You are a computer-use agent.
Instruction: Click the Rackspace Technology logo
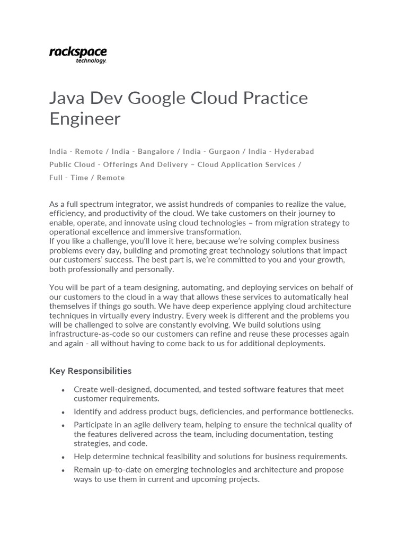click(78, 55)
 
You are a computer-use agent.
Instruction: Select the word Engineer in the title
click(85, 119)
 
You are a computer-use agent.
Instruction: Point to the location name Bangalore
click(155, 151)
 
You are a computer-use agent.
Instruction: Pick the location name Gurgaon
click(225, 151)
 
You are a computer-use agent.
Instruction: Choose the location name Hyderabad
click(294, 151)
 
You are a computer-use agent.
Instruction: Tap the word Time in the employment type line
click(79, 178)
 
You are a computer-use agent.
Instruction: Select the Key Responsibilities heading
click(90, 371)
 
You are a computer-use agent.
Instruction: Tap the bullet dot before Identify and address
click(63, 412)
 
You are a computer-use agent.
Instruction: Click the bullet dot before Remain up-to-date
click(63, 470)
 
